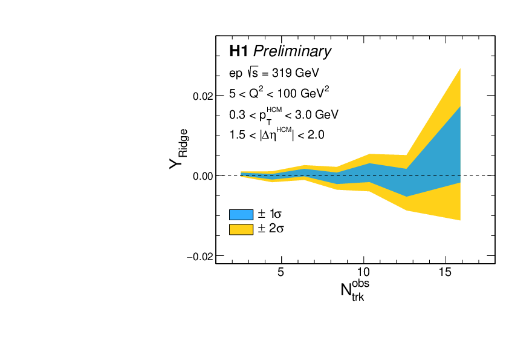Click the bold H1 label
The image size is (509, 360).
239,51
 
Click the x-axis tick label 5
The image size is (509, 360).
280,273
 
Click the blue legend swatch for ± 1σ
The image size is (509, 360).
241,214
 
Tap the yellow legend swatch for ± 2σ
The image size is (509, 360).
241,229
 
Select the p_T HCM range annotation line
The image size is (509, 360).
283,114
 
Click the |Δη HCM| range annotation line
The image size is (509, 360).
276,135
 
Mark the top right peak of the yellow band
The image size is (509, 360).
461,68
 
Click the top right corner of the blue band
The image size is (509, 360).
461,107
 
